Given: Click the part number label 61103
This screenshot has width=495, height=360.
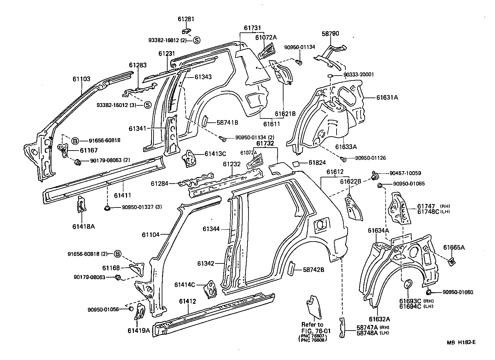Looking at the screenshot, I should pyautogui.click(x=81, y=79).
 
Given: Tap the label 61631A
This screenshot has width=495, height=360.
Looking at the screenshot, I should pyautogui.click(x=387, y=97).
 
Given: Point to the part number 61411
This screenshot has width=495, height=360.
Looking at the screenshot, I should pyautogui.click(x=122, y=195).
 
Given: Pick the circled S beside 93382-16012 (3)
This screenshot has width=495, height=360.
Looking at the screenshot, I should pyautogui.click(x=147, y=105).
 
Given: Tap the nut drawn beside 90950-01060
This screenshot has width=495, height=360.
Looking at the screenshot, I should pyautogui.click(x=429, y=292).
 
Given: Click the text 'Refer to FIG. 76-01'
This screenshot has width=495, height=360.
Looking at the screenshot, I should pyautogui.click(x=313, y=328).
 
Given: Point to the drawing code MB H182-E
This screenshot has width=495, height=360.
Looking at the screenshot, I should pyautogui.click(x=462, y=342).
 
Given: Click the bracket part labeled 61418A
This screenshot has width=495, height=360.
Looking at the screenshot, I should pyautogui.click(x=81, y=205).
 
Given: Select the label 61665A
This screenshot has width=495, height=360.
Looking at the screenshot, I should pyautogui.click(x=454, y=247).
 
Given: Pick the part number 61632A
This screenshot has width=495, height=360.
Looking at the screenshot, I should pyautogui.click(x=379, y=319).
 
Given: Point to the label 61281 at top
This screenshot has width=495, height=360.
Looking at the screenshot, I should pyautogui.click(x=186, y=19).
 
